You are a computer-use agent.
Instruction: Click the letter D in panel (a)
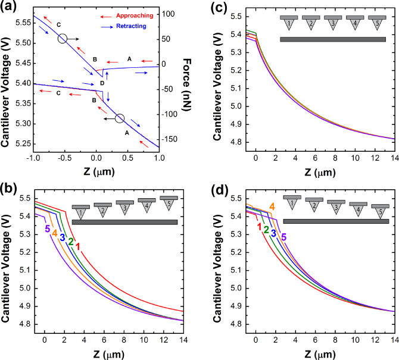pos(102,83)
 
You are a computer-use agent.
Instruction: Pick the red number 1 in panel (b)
pos(77,245)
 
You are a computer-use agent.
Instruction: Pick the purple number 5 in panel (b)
pos(46,229)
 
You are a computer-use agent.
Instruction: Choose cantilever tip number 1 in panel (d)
pos(292,201)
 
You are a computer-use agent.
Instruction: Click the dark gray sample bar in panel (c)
pos(333,39)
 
